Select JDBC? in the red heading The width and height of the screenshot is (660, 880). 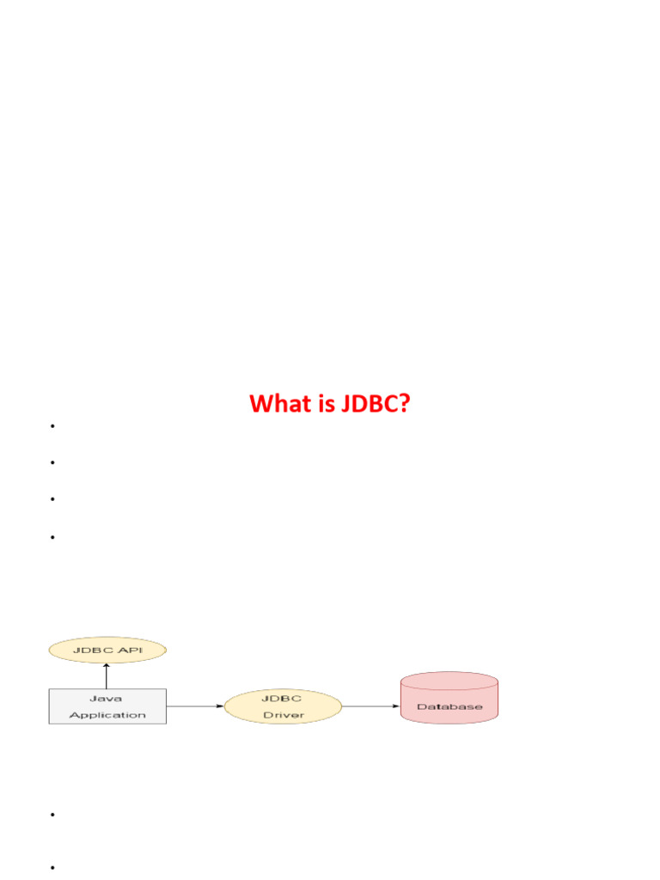374,403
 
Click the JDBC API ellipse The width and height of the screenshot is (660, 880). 107,651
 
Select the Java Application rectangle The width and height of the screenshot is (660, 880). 107,706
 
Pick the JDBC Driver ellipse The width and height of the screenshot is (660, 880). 283,706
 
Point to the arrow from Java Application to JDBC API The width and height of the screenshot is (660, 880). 107,675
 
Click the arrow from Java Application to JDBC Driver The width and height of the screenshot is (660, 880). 195,706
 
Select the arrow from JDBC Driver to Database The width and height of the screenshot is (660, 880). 371,706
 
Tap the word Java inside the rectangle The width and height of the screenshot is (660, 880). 107,699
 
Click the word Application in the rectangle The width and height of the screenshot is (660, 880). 107,715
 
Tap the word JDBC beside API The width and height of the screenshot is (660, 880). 94,651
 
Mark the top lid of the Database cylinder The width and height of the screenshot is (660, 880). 449,681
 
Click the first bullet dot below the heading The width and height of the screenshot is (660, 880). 52,426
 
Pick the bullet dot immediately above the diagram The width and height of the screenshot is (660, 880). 52,538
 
